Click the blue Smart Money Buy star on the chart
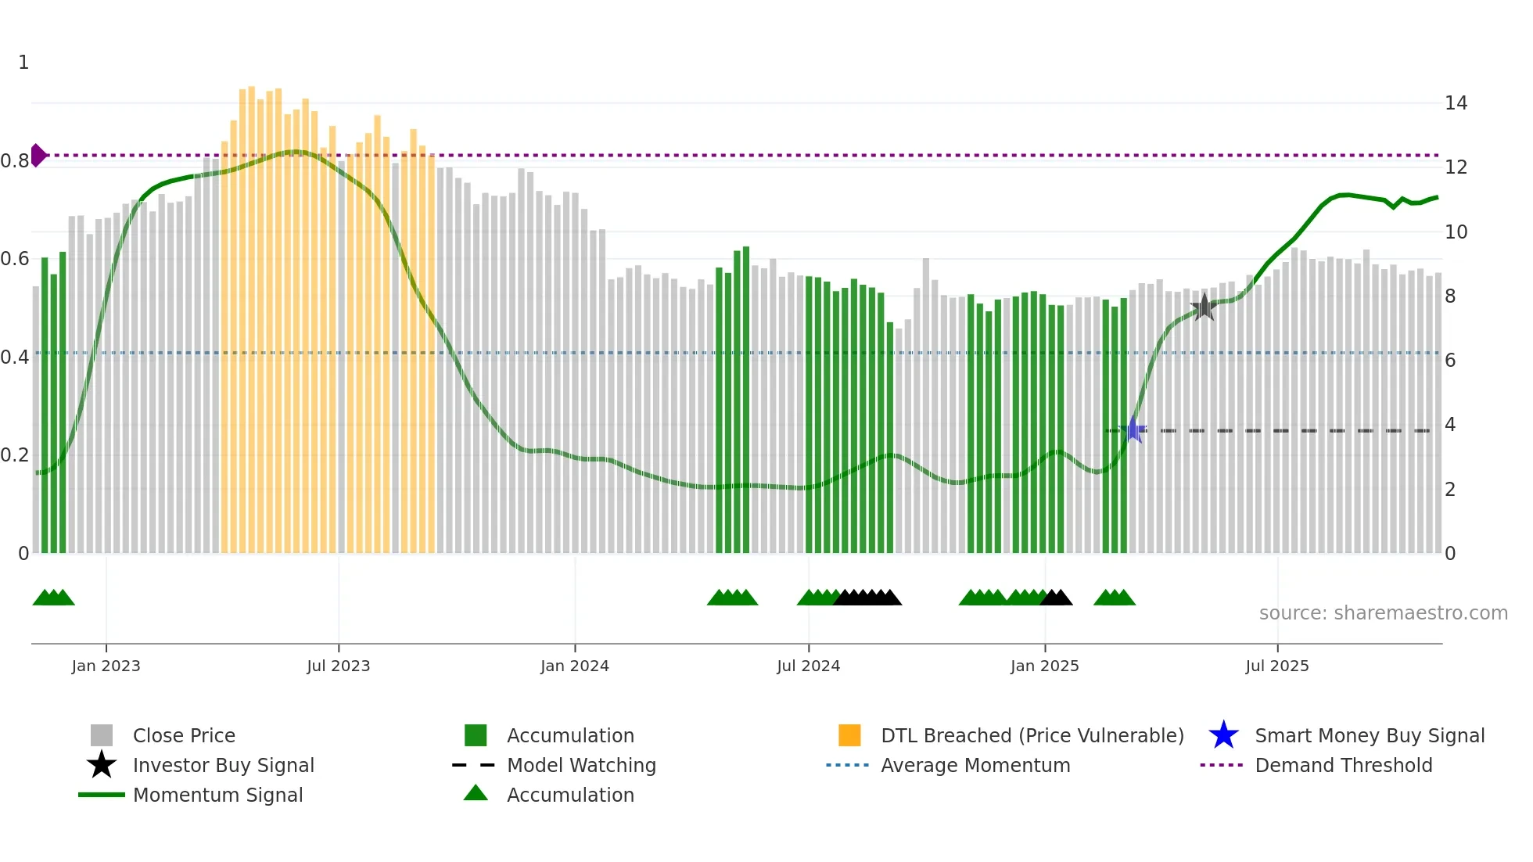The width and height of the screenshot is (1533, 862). pyautogui.click(x=1133, y=429)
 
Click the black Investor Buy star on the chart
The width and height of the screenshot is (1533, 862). pyautogui.click(x=1204, y=307)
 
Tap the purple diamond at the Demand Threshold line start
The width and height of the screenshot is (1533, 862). pyautogui.click(x=38, y=155)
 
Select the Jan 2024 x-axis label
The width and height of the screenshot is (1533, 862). pyautogui.click(x=574, y=666)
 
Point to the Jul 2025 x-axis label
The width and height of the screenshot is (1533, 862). pyautogui.click(x=1276, y=666)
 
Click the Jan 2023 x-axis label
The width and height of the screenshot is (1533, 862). pyautogui.click(x=106, y=666)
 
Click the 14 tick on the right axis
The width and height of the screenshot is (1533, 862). pyautogui.click(x=1456, y=102)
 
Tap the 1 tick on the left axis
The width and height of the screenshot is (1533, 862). pyautogui.click(x=23, y=62)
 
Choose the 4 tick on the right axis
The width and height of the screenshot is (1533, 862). pyautogui.click(x=1450, y=425)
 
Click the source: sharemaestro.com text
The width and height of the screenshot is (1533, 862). pyautogui.click(x=1383, y=612)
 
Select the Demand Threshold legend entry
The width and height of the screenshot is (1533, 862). pyautogui.click(x=1343, y=765)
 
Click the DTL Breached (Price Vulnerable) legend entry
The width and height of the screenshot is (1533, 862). pyautogui.click(x=1032, y=735)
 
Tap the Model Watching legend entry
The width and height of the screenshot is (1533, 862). pyautogui.click(x=581, y=765)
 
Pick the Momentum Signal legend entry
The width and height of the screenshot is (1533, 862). pyautogui.click(x=217, y=795)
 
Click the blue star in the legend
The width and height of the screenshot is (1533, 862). pyautogui.click(x=1223, y=735)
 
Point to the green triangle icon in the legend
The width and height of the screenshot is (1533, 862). pyautogui.click(x=476, y=793)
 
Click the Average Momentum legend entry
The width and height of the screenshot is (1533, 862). pyautogui.click(x=975, y=765)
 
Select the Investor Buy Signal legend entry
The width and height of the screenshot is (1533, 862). pyautogui.click(x=223, y=765)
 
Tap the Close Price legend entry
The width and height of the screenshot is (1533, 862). pyautogui.click(x=184, y=735)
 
